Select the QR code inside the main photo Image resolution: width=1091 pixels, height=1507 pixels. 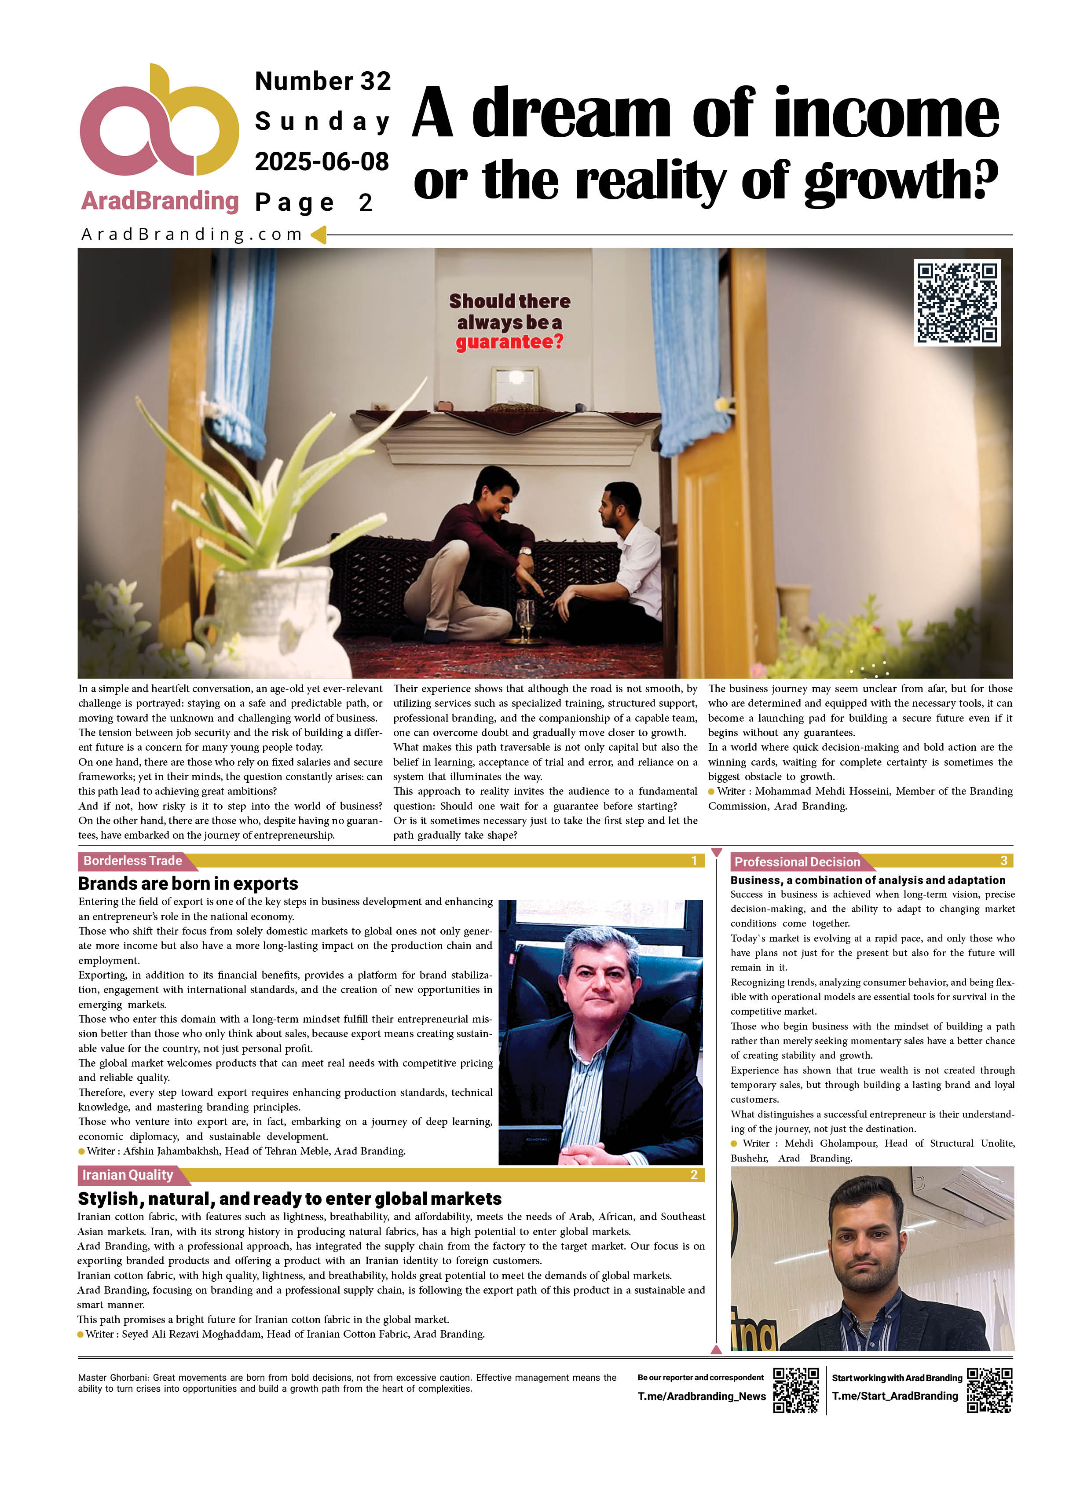(957, 302)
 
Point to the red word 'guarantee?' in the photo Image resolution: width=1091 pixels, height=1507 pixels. (509, 342)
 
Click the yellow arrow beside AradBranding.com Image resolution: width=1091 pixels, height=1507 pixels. (318, 235)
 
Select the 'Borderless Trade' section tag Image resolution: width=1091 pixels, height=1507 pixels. (133, 861)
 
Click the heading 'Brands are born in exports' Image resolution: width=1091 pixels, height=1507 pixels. (188, 883)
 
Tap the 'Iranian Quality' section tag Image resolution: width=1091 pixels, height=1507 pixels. (128, 1175)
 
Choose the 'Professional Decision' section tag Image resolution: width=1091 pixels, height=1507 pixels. (797, 862)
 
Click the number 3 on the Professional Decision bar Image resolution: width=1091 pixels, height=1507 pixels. (1003, 861)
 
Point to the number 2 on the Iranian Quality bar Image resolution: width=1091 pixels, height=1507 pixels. (694, 1175)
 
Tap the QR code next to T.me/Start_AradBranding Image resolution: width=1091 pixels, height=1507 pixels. (989, 1390)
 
